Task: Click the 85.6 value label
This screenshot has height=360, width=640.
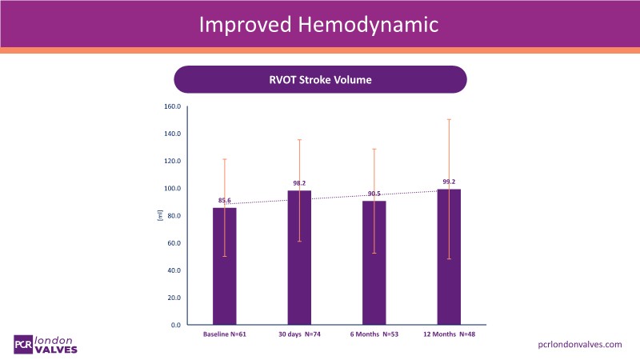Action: click(225, 199)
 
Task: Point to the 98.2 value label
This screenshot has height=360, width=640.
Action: click(299, 183)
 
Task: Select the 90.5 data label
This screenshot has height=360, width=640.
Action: click(374, 194)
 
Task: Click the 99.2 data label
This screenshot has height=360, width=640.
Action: click(449, 182)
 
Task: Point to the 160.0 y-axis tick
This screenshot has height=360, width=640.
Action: click(172, 106)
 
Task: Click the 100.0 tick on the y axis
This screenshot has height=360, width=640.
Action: click(172, 189)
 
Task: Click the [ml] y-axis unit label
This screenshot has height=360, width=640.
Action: click(160, 215)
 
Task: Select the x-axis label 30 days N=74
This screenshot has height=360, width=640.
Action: click(299, 333)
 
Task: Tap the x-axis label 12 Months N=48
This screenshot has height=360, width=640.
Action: click(449, 333)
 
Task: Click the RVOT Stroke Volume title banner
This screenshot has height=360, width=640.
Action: click(320, 80)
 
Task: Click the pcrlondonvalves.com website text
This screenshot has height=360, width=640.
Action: click(579, 343)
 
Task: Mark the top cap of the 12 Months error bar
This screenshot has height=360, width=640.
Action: click(449, 119)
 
